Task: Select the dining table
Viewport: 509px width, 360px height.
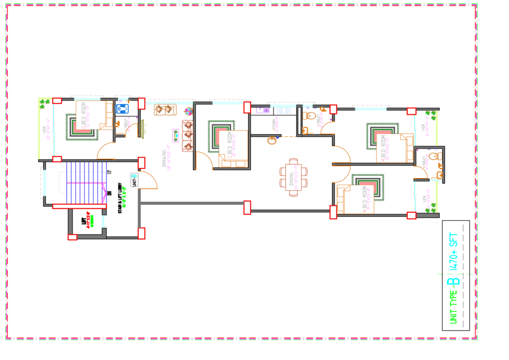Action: pos(293,176)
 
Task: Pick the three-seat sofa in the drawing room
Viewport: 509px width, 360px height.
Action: pos(187,135)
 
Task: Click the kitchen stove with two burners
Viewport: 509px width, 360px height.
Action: pos(284,110)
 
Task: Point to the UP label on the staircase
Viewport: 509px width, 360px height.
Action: pos(108,172)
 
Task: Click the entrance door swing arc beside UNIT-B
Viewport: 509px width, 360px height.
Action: pos(149,181)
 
